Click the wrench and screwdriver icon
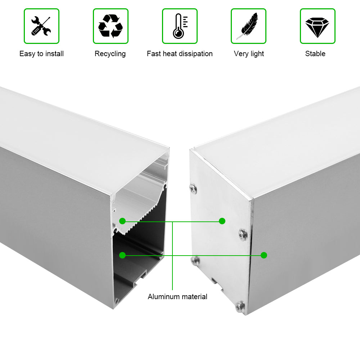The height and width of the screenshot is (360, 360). (x=41, y=26)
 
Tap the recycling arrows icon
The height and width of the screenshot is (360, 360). (x=111, y=26)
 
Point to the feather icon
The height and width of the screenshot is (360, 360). (x=248, y=26)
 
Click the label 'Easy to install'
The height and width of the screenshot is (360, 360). (x=41, y=54)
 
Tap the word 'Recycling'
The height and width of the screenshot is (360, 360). (x=110, y=54)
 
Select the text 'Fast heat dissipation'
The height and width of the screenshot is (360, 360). (x=180, y=54)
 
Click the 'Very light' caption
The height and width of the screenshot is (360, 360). (x=249, y=54)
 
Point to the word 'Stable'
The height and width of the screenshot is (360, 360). (x=315, y=54)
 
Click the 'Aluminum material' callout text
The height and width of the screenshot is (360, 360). (x=177, y=297)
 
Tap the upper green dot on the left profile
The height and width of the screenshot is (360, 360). (x=122, y=221)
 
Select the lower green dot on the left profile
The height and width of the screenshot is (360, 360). (x=122, y=255)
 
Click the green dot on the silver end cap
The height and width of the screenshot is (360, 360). (x=222, y=221)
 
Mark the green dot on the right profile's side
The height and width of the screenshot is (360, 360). (x=264, y=255)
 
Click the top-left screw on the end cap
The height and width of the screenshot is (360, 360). (x=193, y=189)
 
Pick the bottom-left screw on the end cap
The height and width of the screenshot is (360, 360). (x=195, y=261)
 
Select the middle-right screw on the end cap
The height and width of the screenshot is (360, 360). (x=243, y=234)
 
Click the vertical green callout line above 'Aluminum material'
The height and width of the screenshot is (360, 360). (x=172, y=256)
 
